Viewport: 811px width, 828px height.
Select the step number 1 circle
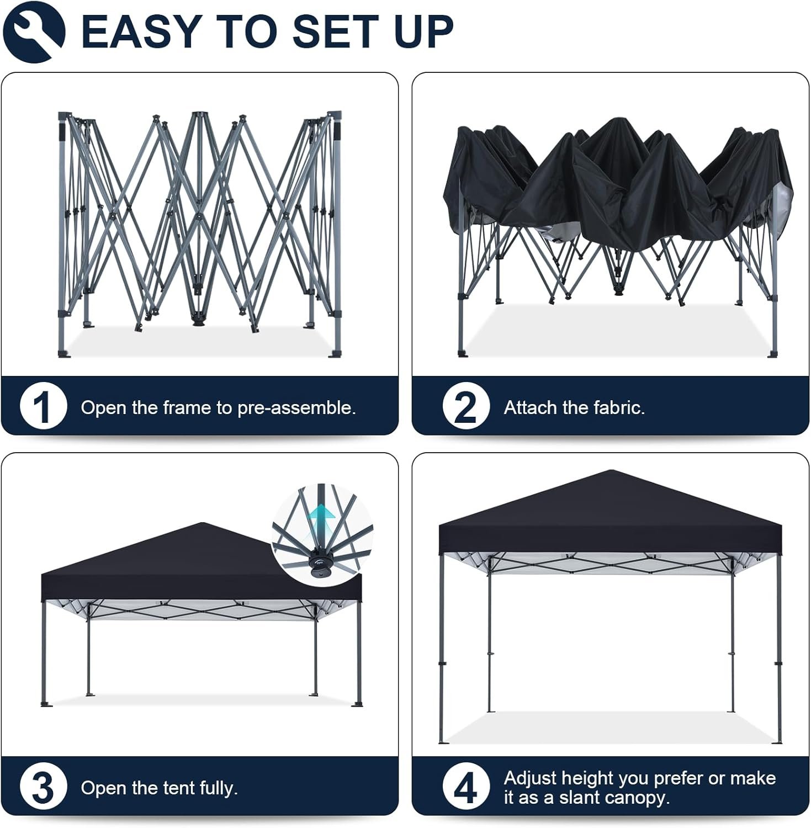tap(43, 407)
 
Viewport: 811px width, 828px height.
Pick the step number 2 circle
tap(465, 407)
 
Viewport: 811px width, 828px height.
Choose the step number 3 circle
tap(43, 787)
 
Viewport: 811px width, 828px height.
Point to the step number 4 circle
tap(465, 787)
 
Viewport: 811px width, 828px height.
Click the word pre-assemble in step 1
tap(296, 408)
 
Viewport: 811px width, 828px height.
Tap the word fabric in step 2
tap(619, 407)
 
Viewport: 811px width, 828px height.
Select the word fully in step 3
tap(218, 788)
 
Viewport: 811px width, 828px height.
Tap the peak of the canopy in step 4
tap(609, 470)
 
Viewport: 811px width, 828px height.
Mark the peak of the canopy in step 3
tap(203, 523)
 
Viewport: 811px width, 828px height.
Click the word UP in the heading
tap(424, 31)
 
